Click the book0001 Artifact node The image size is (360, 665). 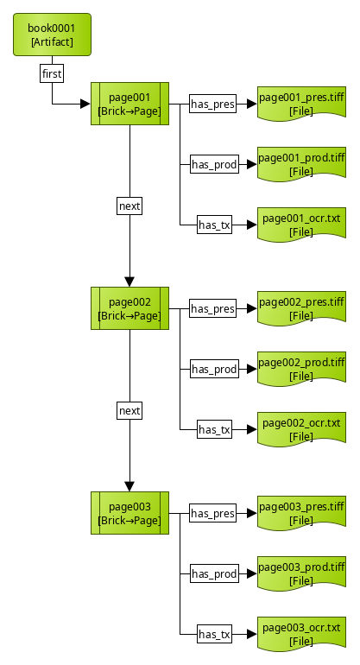pos(52,35)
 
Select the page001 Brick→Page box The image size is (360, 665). pos(129,104)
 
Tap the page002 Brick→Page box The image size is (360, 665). pos(129,308)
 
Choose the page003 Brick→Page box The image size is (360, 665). pos(129,513)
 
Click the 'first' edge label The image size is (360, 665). pos(52,74)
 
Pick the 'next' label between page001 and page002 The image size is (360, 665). pos(129,206)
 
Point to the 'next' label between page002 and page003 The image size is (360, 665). pos(129,411)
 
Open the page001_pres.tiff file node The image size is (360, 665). pos(301,104)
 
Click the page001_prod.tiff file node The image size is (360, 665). pos(301,164)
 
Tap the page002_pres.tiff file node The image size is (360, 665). pos(301,308)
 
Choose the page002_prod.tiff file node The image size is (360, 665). pos(301,369)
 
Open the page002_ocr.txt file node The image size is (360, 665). pos(301,429)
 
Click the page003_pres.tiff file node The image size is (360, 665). pos(301,513)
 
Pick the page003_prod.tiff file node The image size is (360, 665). pos(301,573)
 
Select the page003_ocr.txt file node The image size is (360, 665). pos(301,634)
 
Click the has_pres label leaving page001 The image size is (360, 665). pos(213,104)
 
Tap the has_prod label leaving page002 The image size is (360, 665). pos(213,370)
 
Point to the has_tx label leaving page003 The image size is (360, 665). pos(214,635)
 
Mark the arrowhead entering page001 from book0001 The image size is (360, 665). pos(85,104)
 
